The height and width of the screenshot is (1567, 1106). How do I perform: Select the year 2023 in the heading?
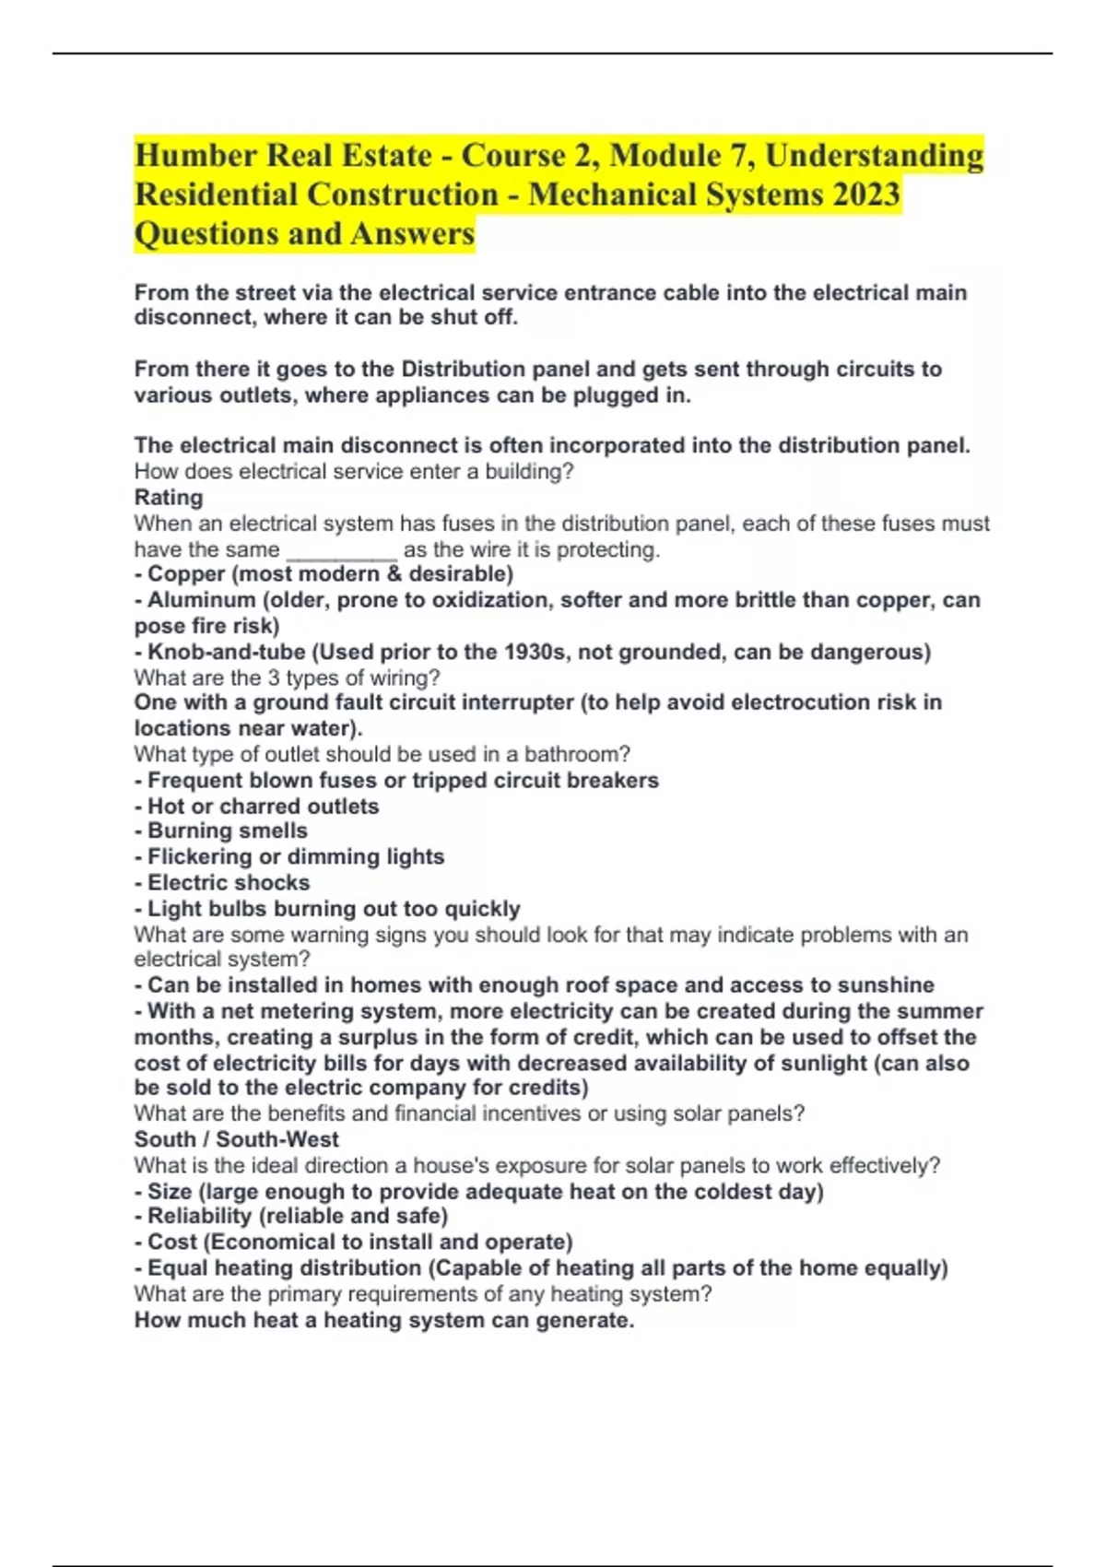click(865, 194)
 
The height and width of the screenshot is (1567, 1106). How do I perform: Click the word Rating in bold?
click(169, 497)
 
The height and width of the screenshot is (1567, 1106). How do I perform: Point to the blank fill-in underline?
click(342, 551)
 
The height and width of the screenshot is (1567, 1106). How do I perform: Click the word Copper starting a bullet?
click(187, 573)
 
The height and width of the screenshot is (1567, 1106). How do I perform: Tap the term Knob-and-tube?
click(227, 652)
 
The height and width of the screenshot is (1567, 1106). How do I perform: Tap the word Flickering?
click(199, 856)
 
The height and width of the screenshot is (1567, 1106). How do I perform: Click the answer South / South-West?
click(237, 1139)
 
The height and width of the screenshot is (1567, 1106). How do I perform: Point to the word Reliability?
click(199, 1216)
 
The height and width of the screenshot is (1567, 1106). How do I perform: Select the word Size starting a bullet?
click(170, 1191)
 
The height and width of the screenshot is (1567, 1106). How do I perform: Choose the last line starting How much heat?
click(384, 1320)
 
